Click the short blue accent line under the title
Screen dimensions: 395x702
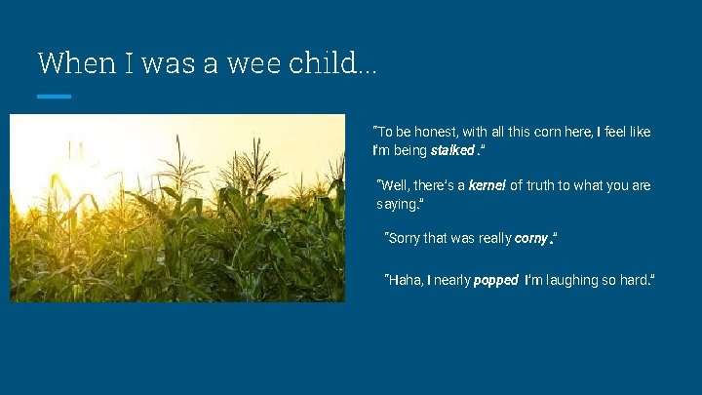54,96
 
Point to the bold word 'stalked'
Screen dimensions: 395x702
451,151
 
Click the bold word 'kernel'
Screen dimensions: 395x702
487,185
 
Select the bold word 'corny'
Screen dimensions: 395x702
530,239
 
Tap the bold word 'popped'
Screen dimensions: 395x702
495,281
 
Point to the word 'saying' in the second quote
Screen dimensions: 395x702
396,205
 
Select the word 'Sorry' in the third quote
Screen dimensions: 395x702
405,239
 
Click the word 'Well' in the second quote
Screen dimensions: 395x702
394,185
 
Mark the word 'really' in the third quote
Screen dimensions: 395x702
492,239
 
